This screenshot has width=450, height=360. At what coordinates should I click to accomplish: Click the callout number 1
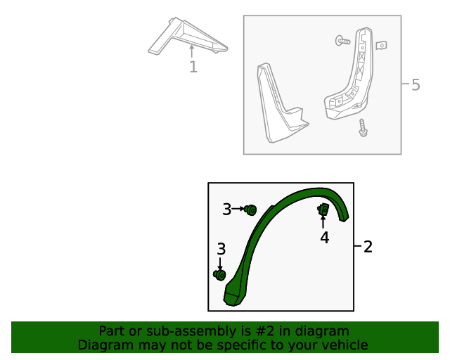193,67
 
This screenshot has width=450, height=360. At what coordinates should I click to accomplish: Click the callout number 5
416,85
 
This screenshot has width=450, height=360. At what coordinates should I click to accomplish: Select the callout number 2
368,247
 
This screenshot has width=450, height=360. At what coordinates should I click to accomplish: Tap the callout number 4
324,238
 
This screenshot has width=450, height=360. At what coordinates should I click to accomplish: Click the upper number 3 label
226,209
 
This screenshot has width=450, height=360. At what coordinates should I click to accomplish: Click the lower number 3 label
221,249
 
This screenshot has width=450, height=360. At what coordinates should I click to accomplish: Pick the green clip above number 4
323,210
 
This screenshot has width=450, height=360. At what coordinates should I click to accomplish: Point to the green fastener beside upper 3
251,210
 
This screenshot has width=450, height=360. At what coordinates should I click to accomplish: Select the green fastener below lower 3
219,275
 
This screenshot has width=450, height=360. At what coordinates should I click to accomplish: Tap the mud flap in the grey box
278,105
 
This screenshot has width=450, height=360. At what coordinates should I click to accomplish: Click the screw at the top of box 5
343,41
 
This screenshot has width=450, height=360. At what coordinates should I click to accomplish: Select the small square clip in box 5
381,46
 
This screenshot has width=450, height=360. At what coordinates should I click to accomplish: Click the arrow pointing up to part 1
192,51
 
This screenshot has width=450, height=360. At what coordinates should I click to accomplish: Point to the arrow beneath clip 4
323,223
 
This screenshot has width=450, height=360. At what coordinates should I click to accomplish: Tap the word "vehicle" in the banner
344,345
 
